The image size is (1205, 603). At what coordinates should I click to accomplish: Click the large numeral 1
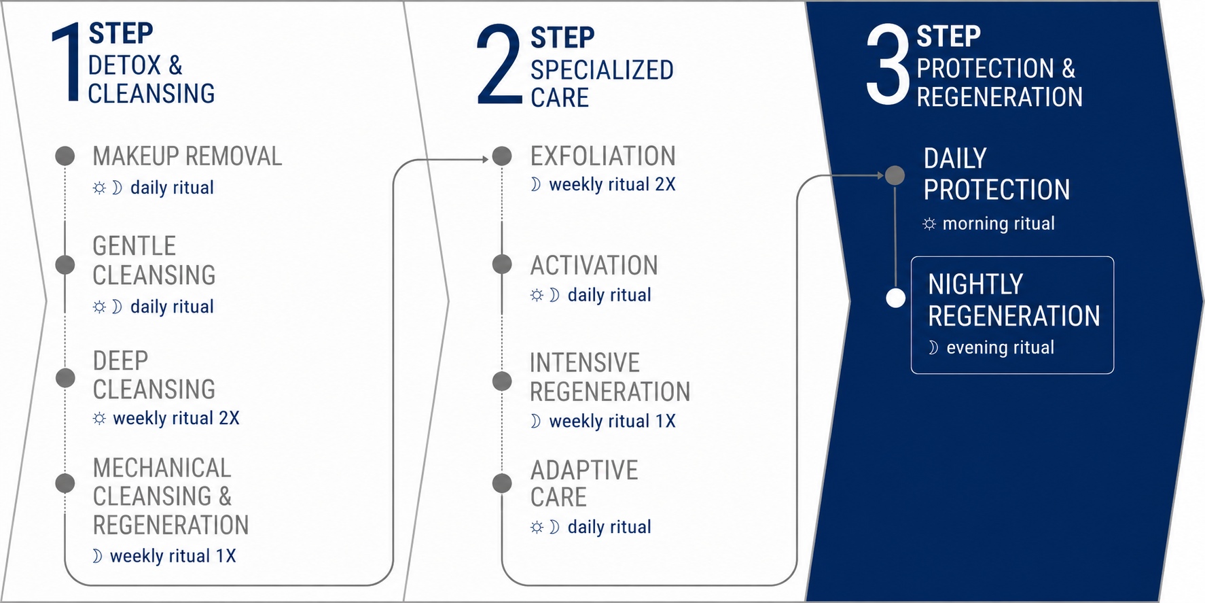pyautogui.click(x=67, y=63)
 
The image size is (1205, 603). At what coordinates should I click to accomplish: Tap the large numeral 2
pyautogui.click(x=499, y=65)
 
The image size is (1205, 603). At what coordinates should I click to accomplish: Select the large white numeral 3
pyautogui.click(x=888, y=65)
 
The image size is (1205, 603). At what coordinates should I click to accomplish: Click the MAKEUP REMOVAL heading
pyautogui.click(x=187, y=156)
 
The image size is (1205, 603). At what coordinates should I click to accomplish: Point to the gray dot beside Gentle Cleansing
pyautogui.click(x=65, y=264)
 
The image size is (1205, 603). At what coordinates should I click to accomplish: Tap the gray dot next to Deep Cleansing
pyautogui.click(x=65, y=377)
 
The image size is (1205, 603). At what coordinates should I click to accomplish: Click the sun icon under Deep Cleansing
pyautogui.click(x=99, y=418)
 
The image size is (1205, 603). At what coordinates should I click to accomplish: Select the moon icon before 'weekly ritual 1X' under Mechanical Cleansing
pyautogui.click(x=97, y=556)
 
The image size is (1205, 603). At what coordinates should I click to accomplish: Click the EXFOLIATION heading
pyautogui.click(x=603, y=156)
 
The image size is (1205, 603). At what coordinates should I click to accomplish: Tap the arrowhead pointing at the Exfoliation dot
pyautogui.click(x=485, y=160)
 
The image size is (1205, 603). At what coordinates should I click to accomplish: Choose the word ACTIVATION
pyautogui.click(x=594, y=265)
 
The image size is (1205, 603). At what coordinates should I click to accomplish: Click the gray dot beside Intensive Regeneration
pyautogui.click(x=502, y=381)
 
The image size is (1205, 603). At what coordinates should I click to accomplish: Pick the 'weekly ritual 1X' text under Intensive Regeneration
pyautogui.click(x=612, y=421)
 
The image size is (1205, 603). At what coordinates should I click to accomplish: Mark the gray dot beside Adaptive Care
pyautogui.click(x=502, y=483)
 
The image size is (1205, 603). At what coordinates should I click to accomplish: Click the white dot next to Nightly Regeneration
pyautogui.click(x=896, y=298)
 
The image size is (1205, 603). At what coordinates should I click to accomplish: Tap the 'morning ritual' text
pyautogui.click(x=999, y=224)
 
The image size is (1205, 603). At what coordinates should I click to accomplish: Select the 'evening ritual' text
pyautogui.click(x=1000, y=347)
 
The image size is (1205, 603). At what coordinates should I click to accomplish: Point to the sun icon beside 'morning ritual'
pyautogui.click(x=929, y=224)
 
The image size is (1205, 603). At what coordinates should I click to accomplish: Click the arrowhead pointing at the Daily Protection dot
pyautogui.click(x=880, y=175)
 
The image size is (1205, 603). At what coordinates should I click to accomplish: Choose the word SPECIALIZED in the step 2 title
pyautogui.click(x=602, y=70)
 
